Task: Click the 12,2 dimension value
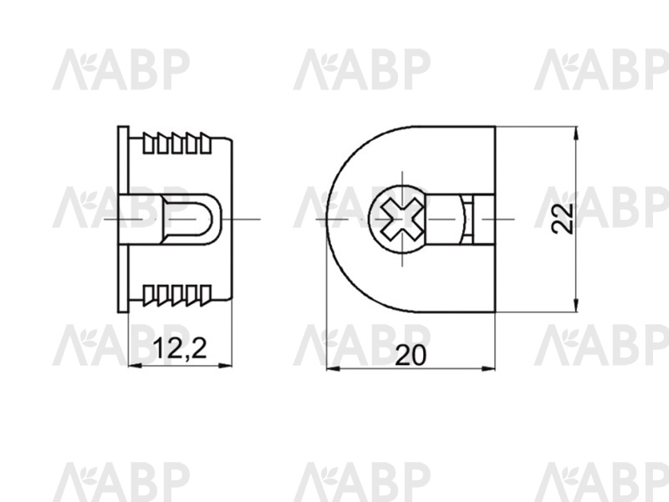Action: pos(180,347)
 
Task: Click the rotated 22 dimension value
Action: pos(561,218)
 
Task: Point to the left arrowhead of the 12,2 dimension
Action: pos(135,365)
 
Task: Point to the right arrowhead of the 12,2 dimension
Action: pos(225,365)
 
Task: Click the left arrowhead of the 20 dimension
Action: pos(333,368)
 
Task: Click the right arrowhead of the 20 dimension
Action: pos(488,368)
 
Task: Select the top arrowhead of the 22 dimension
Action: pos(576,134)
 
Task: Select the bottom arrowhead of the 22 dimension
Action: pos(576,305)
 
